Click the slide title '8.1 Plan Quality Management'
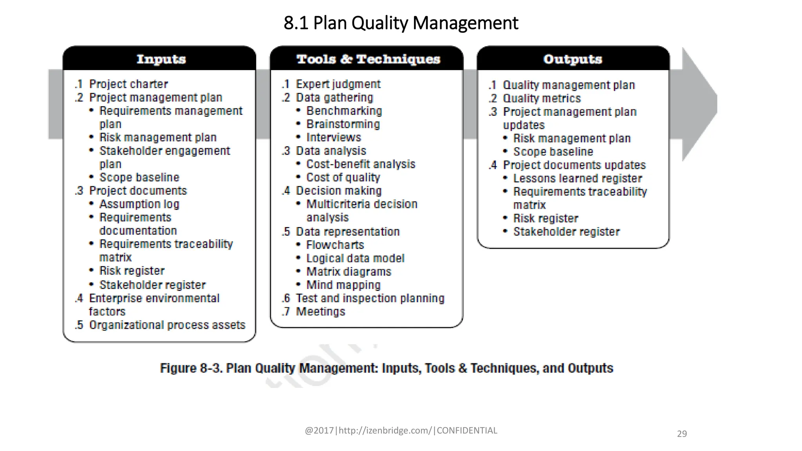pyautogui.click(x=401, y=23)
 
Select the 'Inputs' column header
pyautogui.click(x=161, y=59)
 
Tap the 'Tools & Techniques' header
pyautogui.click(x=368, y=59)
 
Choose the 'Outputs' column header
pyautogui.click(x=573, y=59)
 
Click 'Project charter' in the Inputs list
pyautogui.click(x=128, y=84)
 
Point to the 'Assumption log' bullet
pyautogui.click(x=139, y=204)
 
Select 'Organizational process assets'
pyautogui.click(x=167, y=325)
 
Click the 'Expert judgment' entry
pyautogui.click(x=338, y=84)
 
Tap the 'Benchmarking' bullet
pyautogui.click(x=344, y=111)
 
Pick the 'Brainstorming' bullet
pyautogui.click(x=343, y=124)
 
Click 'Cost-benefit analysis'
pyautogui.click(x=360, y=164)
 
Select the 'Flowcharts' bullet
pyautogui.click(x=335, y=245)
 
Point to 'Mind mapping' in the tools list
pyautogui.click(x=343, y=285)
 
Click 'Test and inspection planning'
pyautogui.click(x=370, y=298)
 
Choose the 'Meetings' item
pyautogui.click(x=320, y=312)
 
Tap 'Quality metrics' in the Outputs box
pyautogui.click(x=542, y=98)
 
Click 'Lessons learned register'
pyautogui.click(x=578, y=179)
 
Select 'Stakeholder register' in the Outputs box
pyautogui.click(x=566, y=232)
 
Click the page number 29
pyautogui.click(x=682, y=434)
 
